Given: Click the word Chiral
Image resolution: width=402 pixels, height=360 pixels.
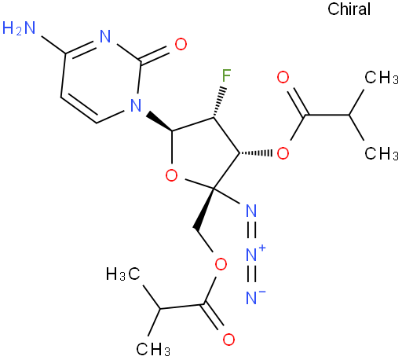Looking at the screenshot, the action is pos(349,9).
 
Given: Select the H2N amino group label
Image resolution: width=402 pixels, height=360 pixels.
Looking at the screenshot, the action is pos(19,28).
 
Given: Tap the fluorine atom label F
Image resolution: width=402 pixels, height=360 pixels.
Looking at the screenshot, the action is pos(226,75).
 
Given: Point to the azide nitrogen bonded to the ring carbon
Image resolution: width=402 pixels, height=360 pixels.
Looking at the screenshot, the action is pos(251,211).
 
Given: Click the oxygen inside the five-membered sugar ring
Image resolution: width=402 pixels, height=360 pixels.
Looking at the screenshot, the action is pos(172,175).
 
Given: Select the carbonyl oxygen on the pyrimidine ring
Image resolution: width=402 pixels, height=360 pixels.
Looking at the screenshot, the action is pos(181,44).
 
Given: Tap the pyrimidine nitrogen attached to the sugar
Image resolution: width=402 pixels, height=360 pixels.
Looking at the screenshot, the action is pos(136,105).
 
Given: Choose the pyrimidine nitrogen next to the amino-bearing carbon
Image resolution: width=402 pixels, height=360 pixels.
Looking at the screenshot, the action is pos(105,36).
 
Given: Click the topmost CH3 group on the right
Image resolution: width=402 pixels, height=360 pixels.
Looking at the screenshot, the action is pos(382,77).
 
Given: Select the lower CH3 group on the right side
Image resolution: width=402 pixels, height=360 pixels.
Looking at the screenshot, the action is pos(382,153).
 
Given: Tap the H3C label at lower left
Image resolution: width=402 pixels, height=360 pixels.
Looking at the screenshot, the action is pos(123,274).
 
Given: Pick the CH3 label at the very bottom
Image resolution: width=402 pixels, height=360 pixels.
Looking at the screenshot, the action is pos(153,349).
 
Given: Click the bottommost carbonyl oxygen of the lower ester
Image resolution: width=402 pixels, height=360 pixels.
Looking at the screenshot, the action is pos(228,340).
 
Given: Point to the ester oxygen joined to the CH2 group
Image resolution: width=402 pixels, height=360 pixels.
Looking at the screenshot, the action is pos(221,264).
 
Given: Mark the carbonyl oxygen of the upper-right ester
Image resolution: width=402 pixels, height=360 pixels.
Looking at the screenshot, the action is pos(283,77).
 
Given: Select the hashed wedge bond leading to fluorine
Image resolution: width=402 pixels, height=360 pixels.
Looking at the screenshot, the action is pos(219,101).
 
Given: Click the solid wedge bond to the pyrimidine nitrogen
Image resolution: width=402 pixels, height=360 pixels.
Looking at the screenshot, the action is pos(159,122).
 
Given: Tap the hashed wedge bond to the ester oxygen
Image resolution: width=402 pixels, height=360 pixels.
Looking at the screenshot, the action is pos(256,152).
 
